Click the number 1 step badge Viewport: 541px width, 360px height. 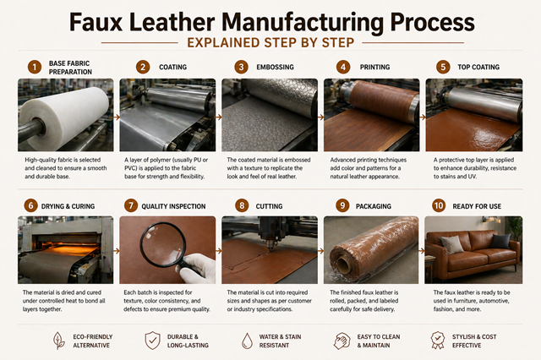click(35, 66)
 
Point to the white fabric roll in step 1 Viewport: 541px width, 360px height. click(59, 114)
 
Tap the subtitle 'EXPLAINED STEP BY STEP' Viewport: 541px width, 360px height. click(271, 41)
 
